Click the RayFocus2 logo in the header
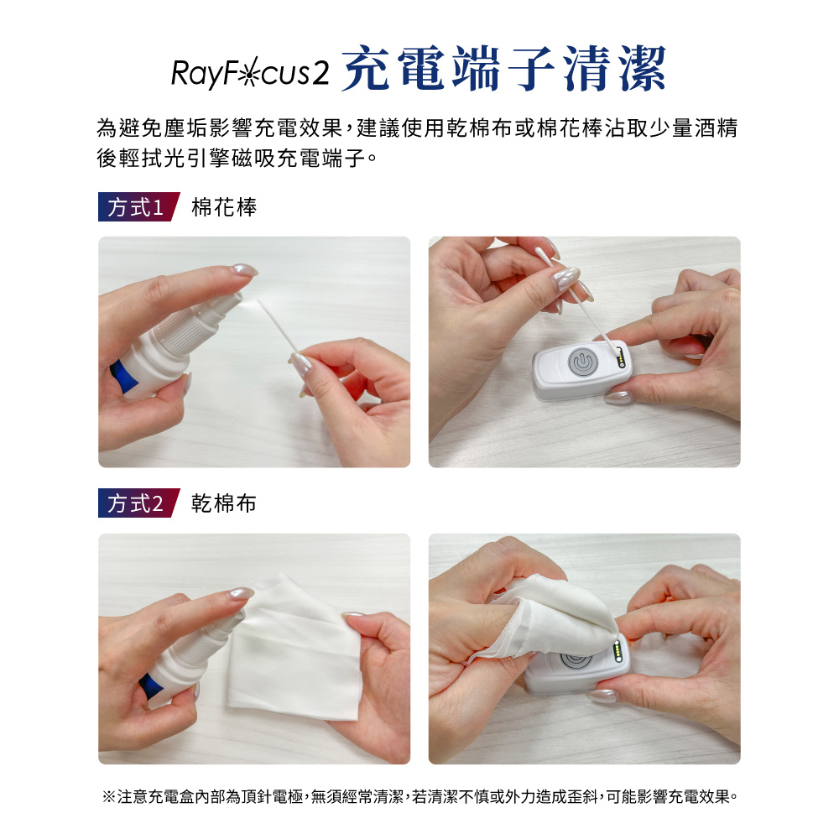[250, 73]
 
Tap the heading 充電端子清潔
[503, 69]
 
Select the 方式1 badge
[138, 206]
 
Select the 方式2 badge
[138, 503]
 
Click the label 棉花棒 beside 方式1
[224, 207]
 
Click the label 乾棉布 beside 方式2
[224, 503]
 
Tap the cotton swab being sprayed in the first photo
[279, 329]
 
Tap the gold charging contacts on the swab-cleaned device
[621, 357]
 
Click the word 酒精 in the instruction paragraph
[717, 128]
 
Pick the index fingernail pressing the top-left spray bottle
[244, 269]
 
